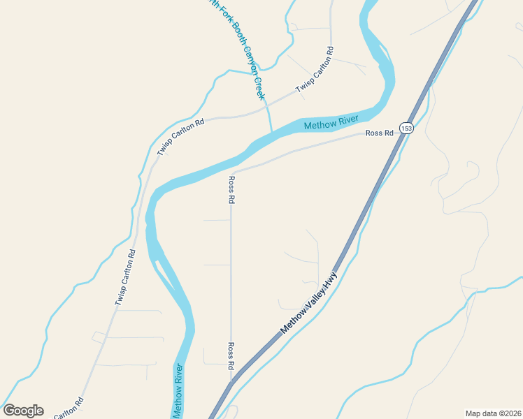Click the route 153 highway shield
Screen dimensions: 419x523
point(407,128)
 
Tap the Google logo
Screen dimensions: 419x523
point(23,411)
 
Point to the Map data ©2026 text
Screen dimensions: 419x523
point(493,413)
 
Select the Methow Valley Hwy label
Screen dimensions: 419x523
point(308,302)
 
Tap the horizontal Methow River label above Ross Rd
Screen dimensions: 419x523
point(331,124)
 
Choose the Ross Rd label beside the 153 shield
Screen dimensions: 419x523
point(379,133)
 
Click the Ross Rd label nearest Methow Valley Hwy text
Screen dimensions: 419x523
point(230,355)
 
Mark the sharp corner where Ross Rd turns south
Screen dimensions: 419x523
point(231,172)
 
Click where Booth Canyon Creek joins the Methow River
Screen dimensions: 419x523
point(272,131)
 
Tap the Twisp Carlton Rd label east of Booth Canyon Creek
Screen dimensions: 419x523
point(315,70)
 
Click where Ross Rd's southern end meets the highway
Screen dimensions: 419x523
point(231,383)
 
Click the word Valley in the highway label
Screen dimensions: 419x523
point(311,299)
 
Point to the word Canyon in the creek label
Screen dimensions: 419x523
point(246,63)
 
